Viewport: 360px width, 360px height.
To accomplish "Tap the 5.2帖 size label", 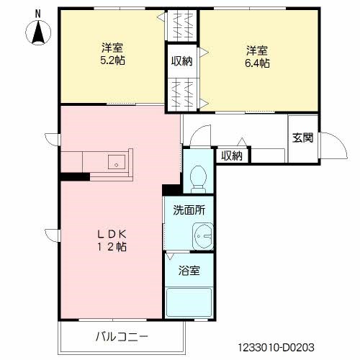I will [112, 62].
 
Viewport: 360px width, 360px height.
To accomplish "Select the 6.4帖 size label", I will [257, 63].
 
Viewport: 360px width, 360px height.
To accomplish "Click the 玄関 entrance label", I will [302, 138].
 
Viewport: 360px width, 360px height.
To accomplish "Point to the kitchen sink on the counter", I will [115, 164].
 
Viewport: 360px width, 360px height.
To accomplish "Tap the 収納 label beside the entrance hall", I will [231, 155].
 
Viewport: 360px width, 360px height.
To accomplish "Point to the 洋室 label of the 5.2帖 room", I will [112, 49].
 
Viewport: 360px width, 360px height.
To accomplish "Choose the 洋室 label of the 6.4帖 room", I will [257, 50].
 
